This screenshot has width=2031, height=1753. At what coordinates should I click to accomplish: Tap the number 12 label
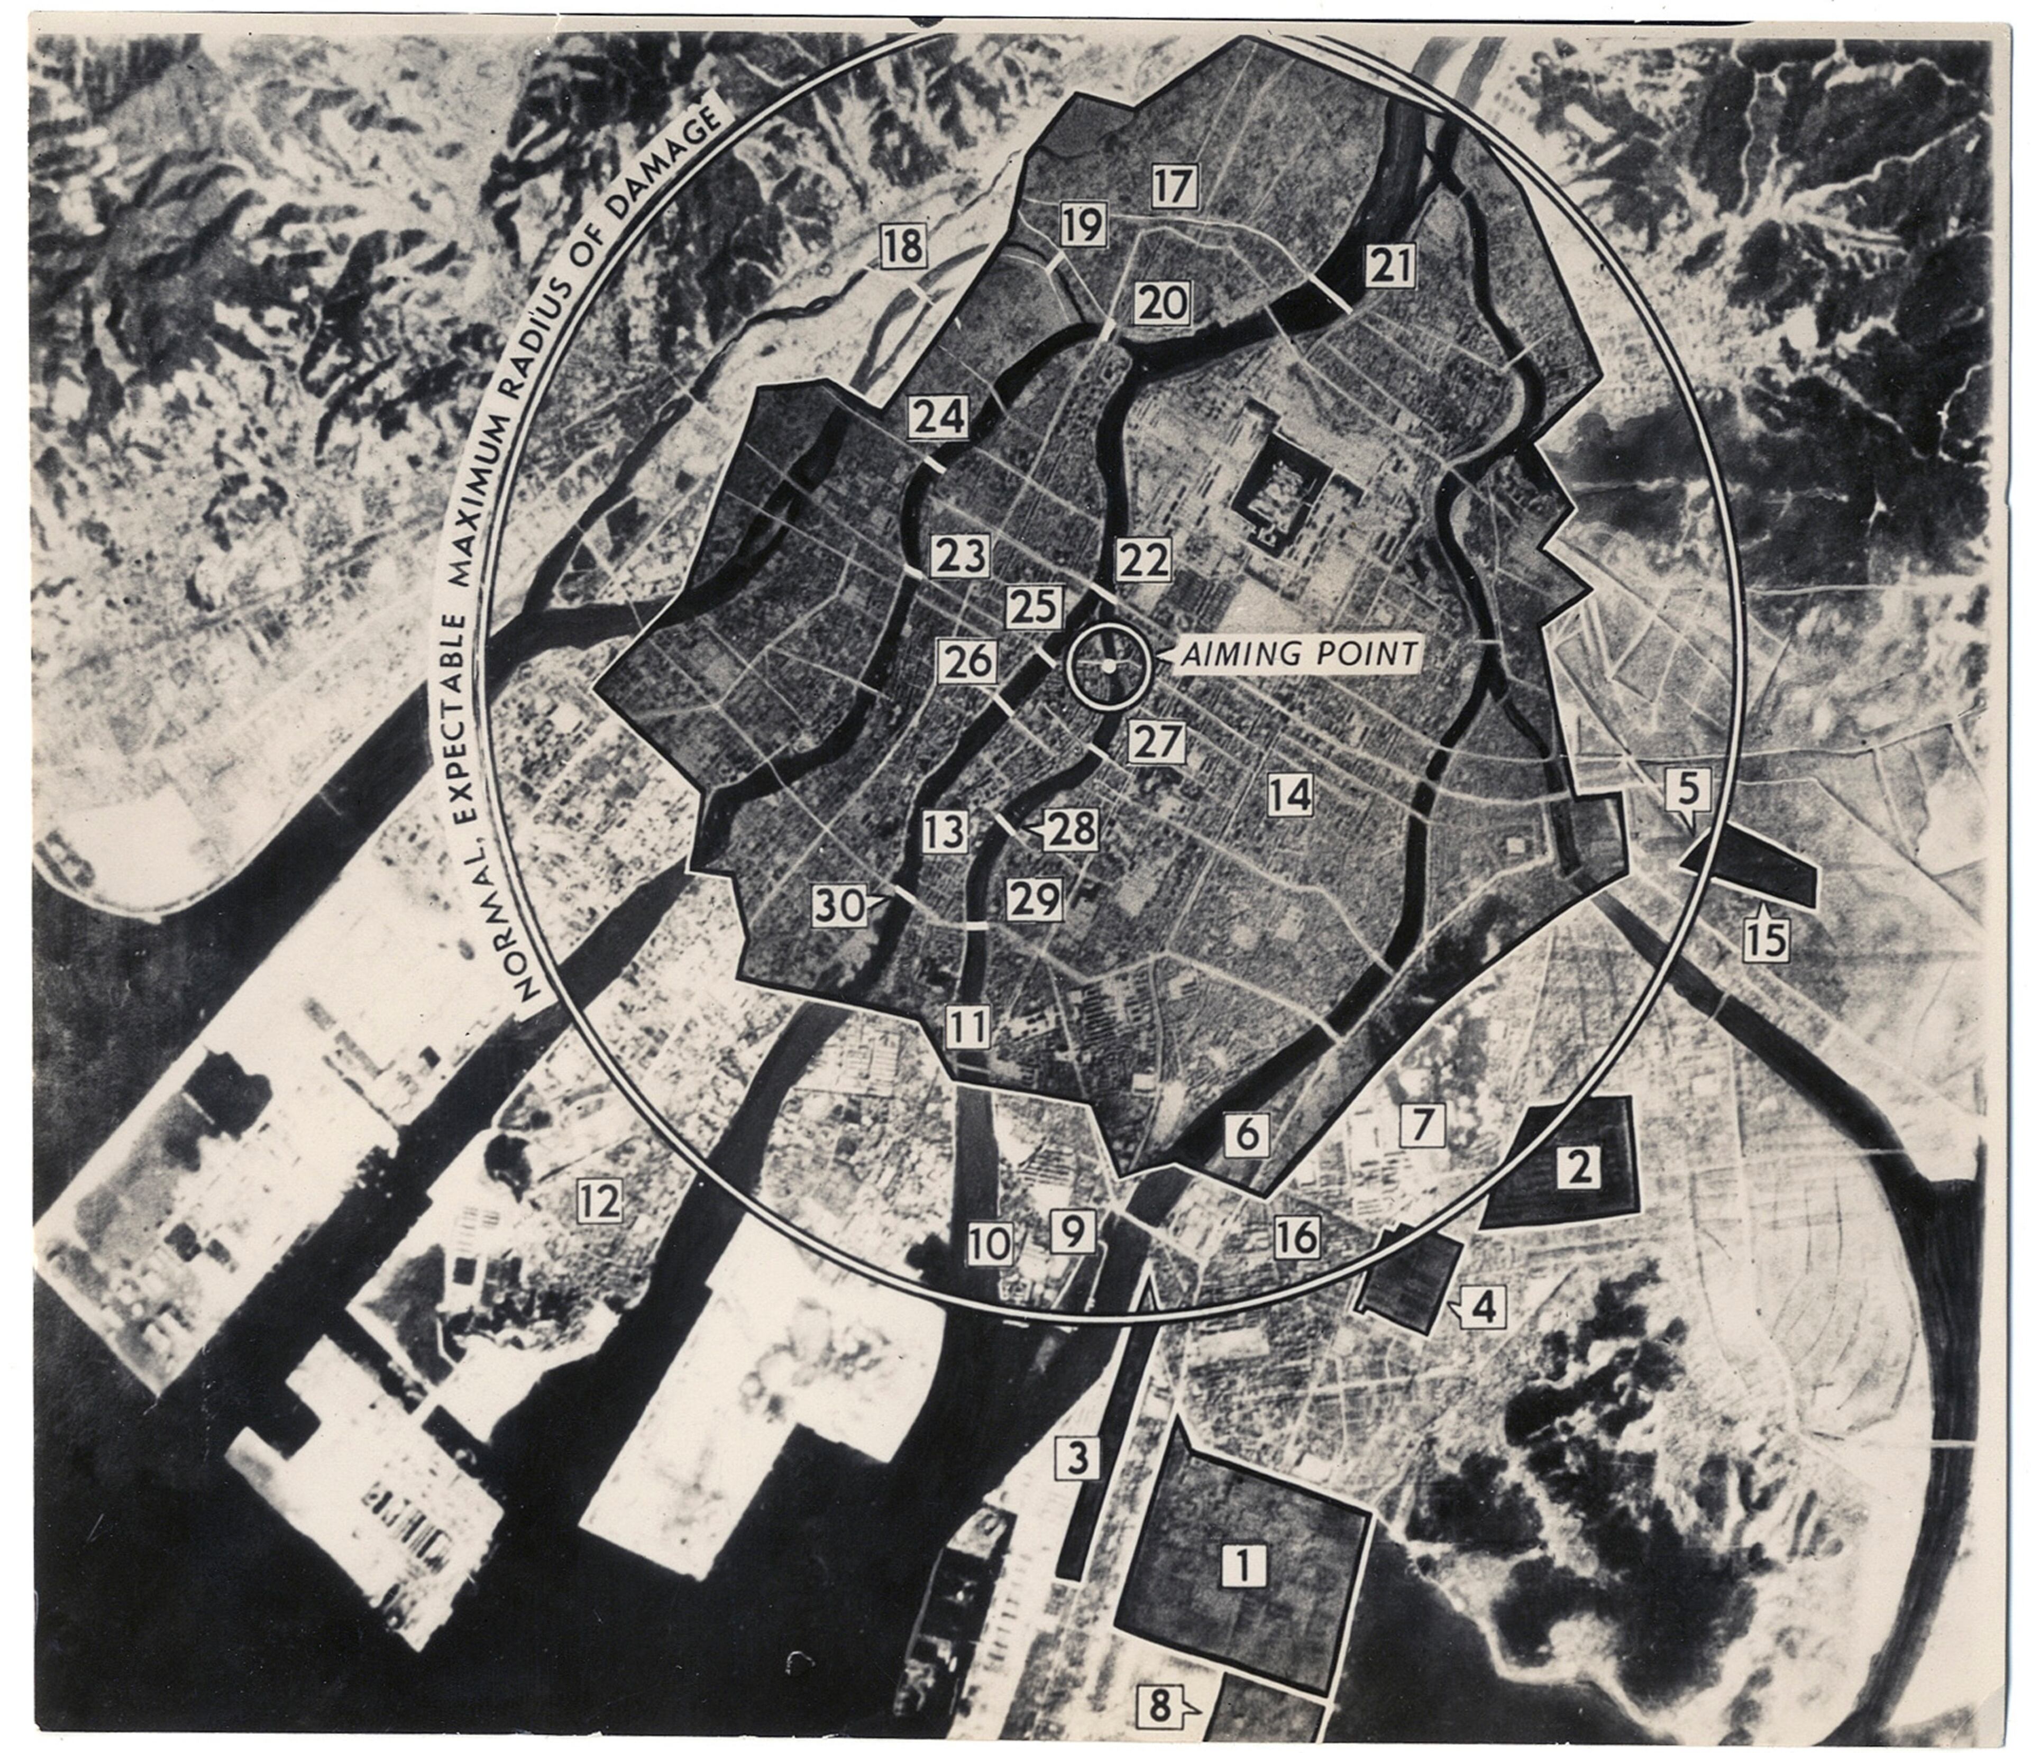[599, 1200]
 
